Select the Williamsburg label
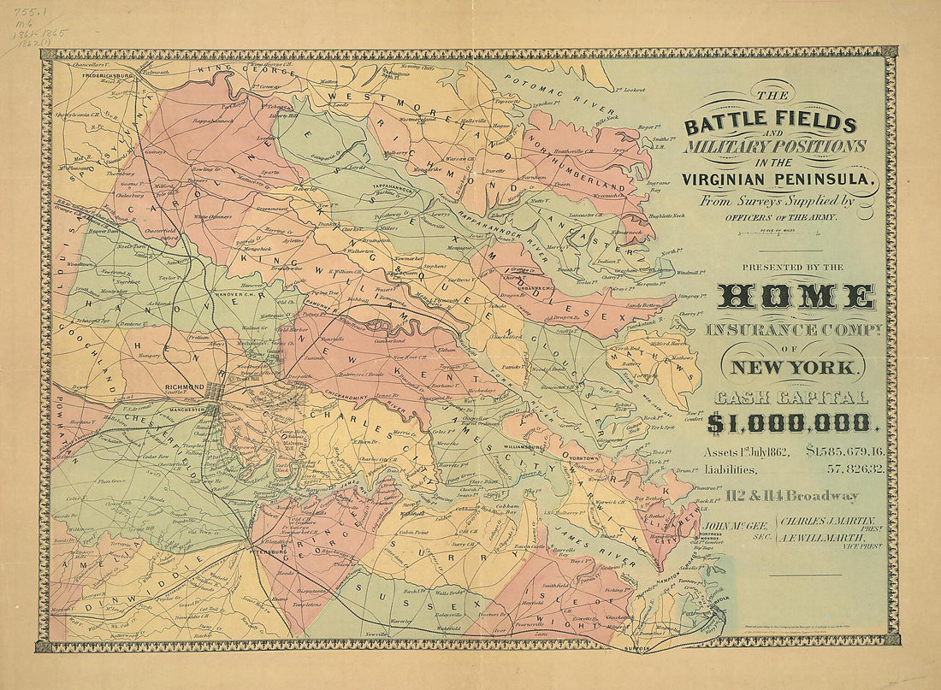(x=524, y=446)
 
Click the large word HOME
(x=796, y=296)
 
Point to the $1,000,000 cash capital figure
(x=787, y=422)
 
